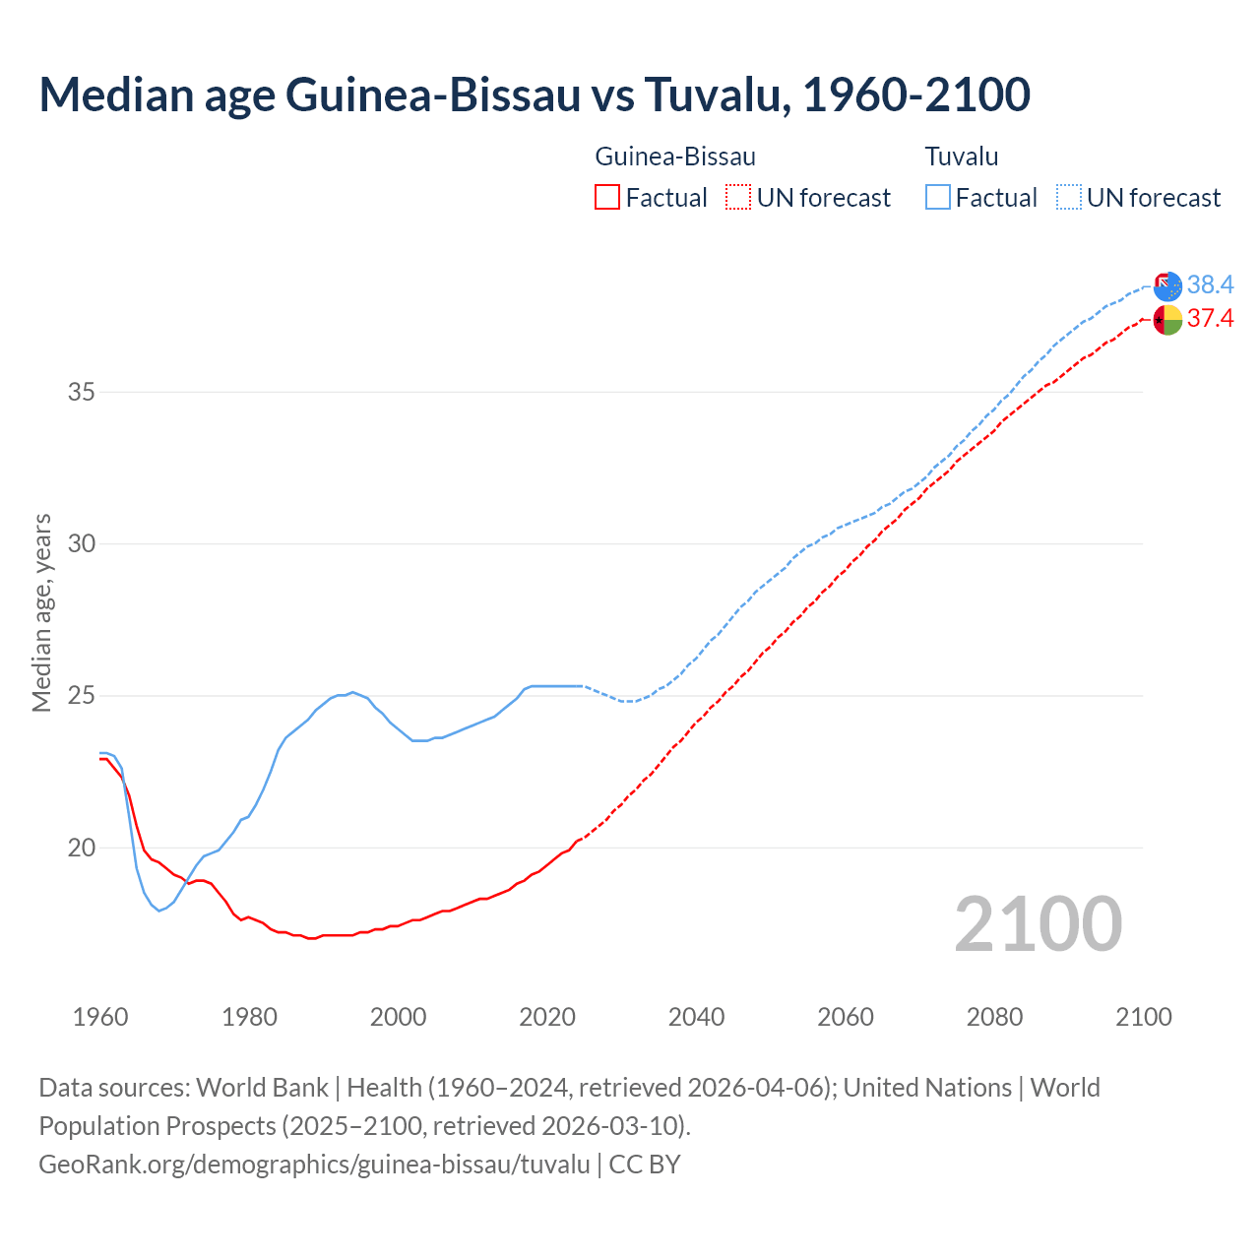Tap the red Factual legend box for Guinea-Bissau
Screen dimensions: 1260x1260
click(x=607, y=197)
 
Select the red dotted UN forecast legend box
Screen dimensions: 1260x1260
click(x=738, y=197)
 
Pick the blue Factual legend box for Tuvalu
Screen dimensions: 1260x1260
click(x=938, y=197)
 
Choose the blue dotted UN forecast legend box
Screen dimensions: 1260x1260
click(x=1069, y=197)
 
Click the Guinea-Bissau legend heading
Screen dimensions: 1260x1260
click(x=675, y=157)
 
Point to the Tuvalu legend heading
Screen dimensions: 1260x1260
click(x=962, y=157)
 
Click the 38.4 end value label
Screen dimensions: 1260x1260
click(x=1210, y=284)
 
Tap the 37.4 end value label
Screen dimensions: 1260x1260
click(x=1210, y=318)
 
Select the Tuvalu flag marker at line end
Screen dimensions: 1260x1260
click(x=1167, y=286)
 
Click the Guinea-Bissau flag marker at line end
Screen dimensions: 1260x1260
click(x=1167, y=320)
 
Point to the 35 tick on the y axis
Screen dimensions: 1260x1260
click(x=82, y=392)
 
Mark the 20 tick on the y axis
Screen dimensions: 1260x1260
click(x=82, y=848)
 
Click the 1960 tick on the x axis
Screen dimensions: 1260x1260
click(x=100, y=1017)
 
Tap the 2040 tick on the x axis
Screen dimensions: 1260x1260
click(x=696, y=1017)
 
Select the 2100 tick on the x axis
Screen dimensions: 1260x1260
click(x=1143, y=1017)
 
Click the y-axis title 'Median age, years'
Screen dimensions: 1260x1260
click(x=41, y=612)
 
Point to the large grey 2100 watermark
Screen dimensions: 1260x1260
click(x=1038, y=923)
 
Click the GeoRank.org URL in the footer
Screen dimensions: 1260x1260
click(x=314, y=1164)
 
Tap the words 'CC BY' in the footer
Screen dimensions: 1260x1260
click(x=645, y=1164)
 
